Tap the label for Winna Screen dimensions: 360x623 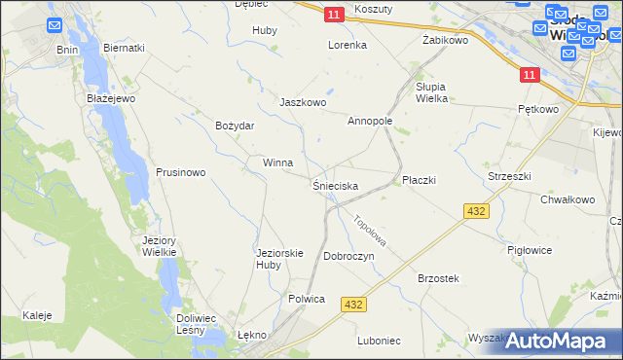point(277,162)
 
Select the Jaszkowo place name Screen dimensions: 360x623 point(303,102)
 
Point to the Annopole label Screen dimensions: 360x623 point(370,122)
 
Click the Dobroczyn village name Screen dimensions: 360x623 point(348,256)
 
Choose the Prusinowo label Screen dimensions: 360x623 point(181,172)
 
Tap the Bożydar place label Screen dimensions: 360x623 point(235,126)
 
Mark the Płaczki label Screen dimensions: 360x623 point(419,180)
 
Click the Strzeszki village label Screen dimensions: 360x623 point(508,176)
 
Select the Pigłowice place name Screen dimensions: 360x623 point(530,250)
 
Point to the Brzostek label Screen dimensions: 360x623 point(438,278)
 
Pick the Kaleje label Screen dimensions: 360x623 point(37,315)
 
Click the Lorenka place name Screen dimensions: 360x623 point(347,45)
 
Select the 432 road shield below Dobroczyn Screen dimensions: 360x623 point(354,305)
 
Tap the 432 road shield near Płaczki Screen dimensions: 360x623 point(476,211)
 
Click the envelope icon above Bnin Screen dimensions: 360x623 point(55,25)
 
